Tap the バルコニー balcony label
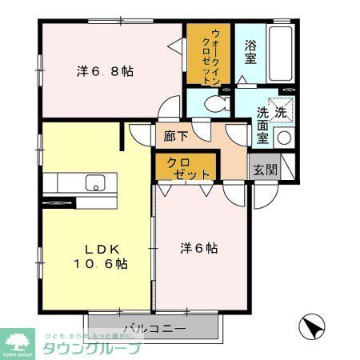coord(155,328)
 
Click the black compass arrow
coord(312,327)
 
